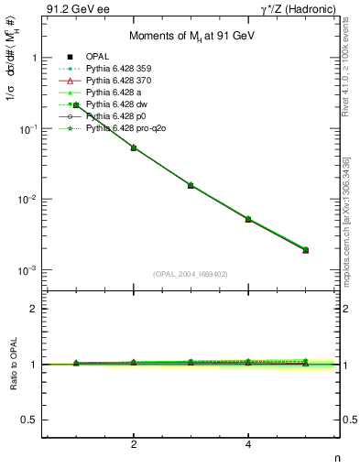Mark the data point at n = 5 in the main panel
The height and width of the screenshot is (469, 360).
click(x=306, y=249)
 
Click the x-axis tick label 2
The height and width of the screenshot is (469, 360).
click(x=134, y=444)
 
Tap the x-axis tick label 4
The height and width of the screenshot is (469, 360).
click(x=248, y=444)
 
